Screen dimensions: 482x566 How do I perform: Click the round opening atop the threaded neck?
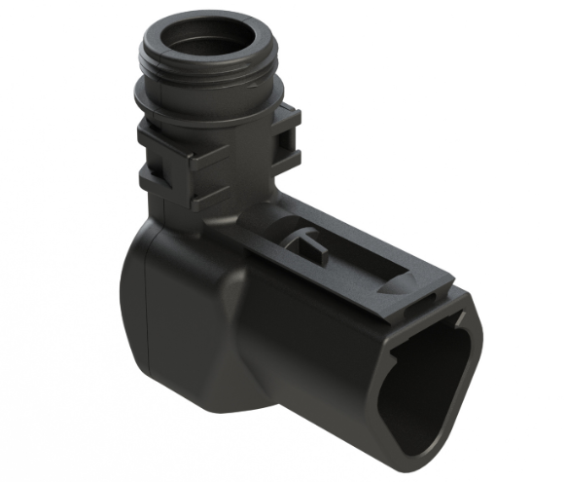206,41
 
